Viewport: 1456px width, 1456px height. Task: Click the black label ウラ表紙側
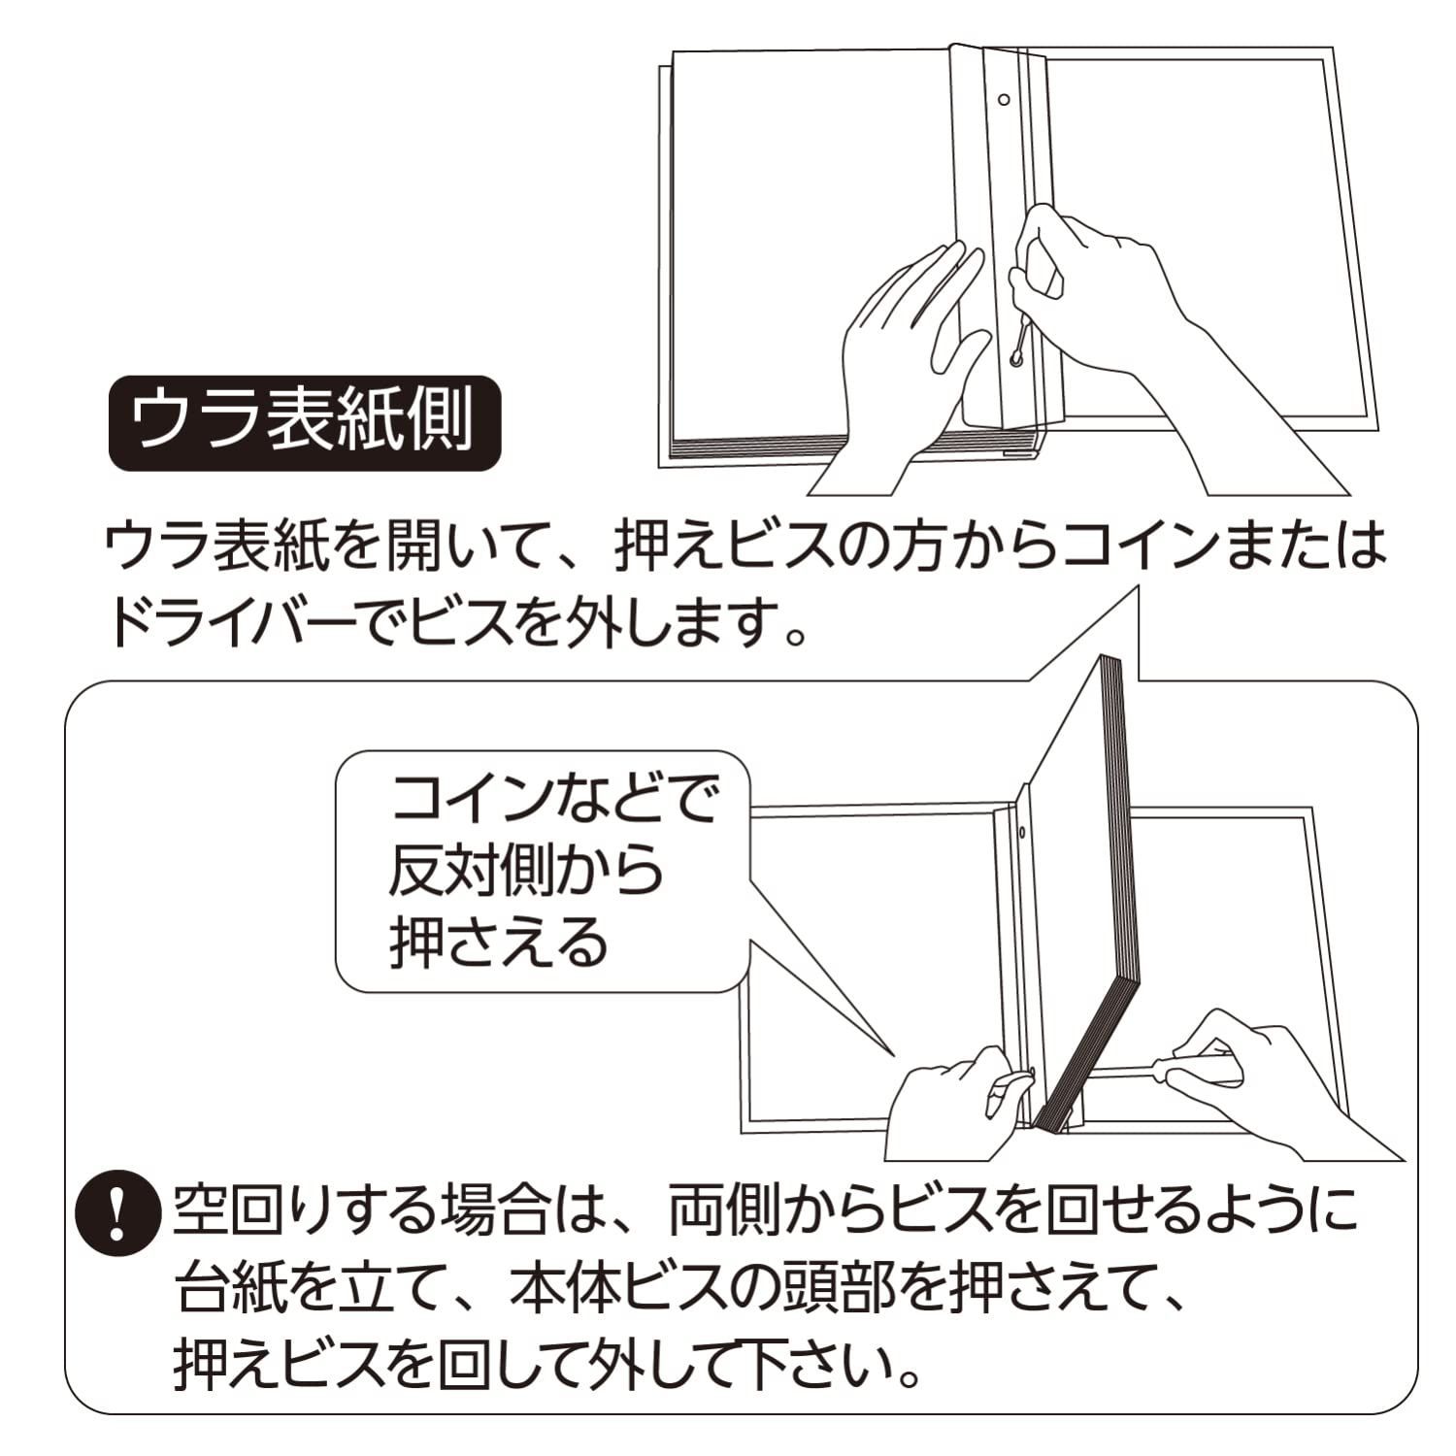click(x=304, y=423)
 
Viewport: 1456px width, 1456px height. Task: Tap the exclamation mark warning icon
click(x=117, y=1213)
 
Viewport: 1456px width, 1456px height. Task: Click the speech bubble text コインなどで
click(x=553, y=801)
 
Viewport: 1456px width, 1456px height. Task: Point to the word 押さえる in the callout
click(x=498, y=942)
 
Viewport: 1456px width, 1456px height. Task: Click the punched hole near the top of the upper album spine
click(x=1005, y=99)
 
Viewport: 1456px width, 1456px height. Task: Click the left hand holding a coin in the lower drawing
click(x=956, y=1097)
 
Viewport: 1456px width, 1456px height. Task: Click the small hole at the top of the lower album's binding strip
click(x=1023, y=832)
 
